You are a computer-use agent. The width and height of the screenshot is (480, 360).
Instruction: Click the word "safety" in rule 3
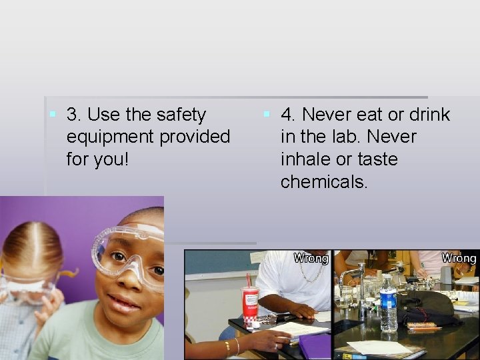[x=181, y=115]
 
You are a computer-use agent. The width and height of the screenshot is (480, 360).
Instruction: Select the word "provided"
[x=197, y=137]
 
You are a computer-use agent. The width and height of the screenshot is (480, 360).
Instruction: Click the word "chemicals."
[x=324, y=182]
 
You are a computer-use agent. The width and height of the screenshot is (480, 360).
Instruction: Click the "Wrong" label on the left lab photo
[x=311, y=258]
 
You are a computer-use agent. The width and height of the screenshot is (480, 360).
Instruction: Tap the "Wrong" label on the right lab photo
[x=459, y=258]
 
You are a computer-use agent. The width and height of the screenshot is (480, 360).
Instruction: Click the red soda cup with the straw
[x=251, y=304]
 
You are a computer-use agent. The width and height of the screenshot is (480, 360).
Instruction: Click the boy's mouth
[x=124, y=302]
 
